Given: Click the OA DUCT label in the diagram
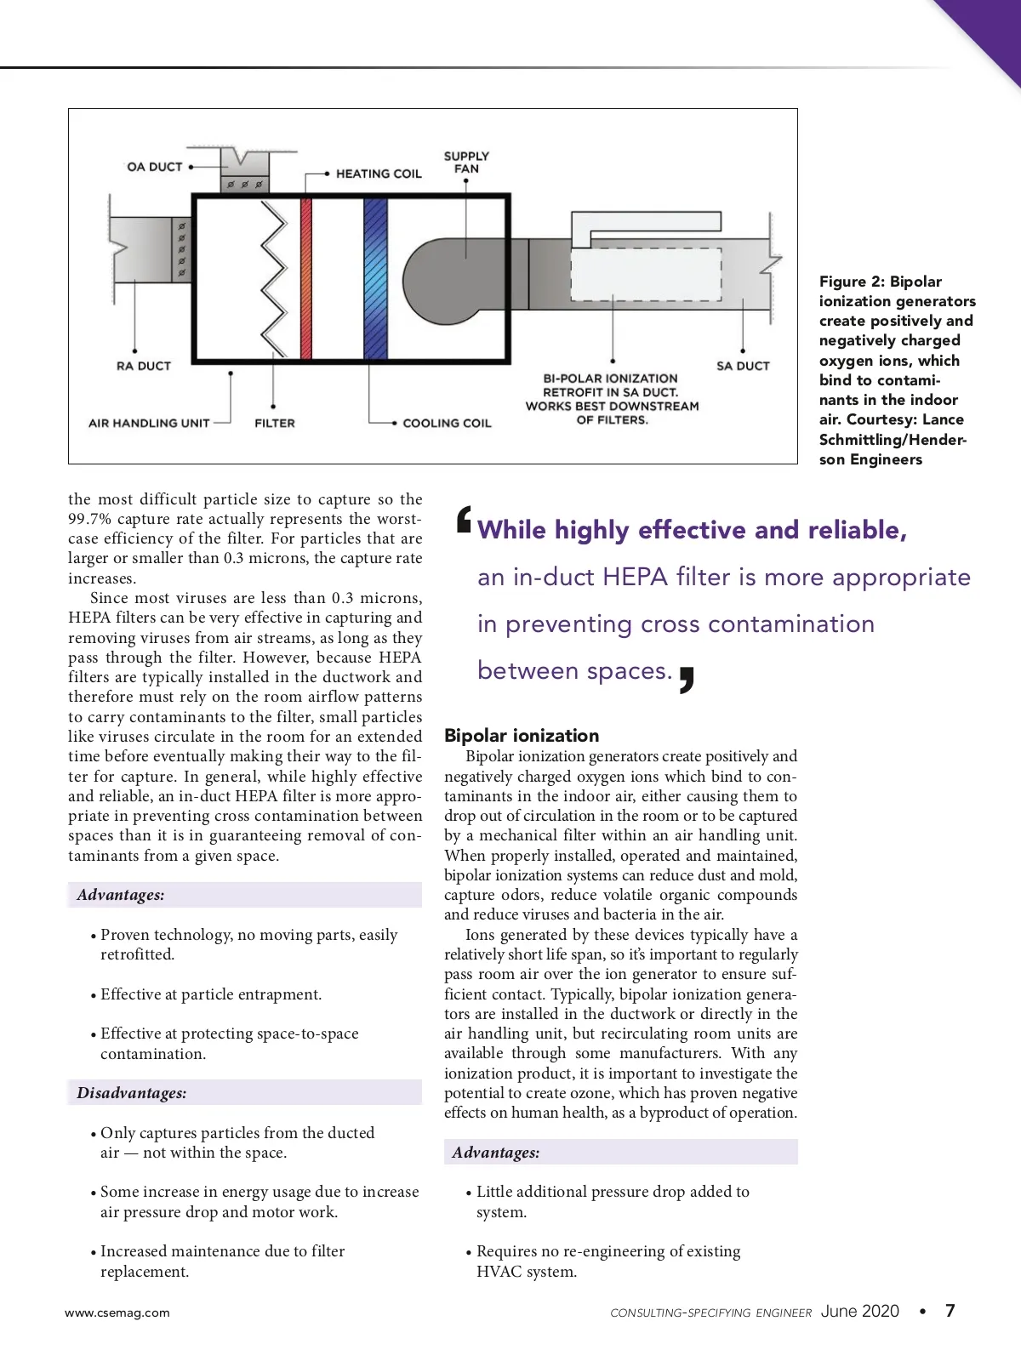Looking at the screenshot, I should tap(155, 167).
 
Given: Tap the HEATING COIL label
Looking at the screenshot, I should tap(379, 174).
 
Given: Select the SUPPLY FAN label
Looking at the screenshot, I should tap(466, 162).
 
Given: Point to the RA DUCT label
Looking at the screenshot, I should tap(144, 366).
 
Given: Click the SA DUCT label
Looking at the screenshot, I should tap(743, 366).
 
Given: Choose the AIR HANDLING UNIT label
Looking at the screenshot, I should tap(149, 423).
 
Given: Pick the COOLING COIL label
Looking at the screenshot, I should tap(447, 423).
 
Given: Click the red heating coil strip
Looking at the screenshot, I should tap(306, 278).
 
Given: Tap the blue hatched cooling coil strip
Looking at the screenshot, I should tap(375, 278).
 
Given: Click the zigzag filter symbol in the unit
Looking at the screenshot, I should tap(275, 278).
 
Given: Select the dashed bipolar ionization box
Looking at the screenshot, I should tap(646, 274).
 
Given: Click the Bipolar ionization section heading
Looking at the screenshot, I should tap(522, 736).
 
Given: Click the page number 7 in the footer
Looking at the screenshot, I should tap(950, 1311).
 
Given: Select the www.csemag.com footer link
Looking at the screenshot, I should tap(117, 1313).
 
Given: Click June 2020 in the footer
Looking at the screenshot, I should tap(859, 1311).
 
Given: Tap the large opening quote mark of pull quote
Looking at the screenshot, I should tap(464, 519).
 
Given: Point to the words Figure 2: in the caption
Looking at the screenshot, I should tap(852, 282).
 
